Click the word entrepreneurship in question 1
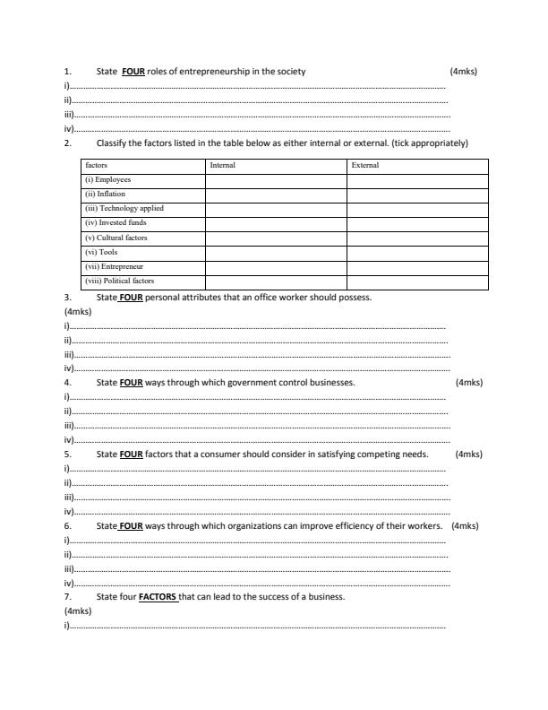pyautogui.click(x=212, y=71)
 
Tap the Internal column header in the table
pyautogui.click(x=222, y=165)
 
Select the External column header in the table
pyautogui.click(x=365, y=165)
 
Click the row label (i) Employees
pyautogui.click(x=107, y=179)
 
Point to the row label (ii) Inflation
pyautogui.click(x=105, y=194)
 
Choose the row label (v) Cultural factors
pyautogui.click(x=116, y=238)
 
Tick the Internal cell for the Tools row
pyautogui.click(x=276, y=252)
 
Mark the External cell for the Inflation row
pyautogui.click(x=417, y=194)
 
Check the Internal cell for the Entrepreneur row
pyautogui.click(x=276, y=266)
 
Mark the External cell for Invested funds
pyautogui.click(x=417, y=223)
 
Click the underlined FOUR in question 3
pyautogui.click(x=132, y=296)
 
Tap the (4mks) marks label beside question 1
pyautogui.click(x=463, y=71)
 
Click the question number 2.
pyautogui.click(x=67, y=143)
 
